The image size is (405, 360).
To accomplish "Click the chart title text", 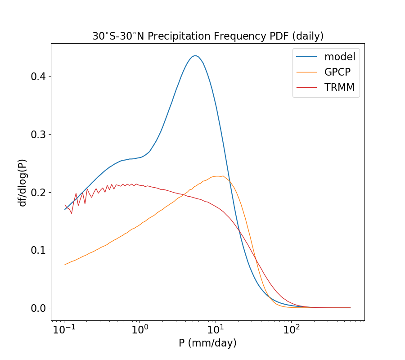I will coord(208,36).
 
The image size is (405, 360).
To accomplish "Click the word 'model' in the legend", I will coord(340,57).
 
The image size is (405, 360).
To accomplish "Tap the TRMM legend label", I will coord(339,88).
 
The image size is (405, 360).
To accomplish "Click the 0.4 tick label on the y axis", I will coord(38,76).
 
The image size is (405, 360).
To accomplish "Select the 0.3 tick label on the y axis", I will coord(38,135).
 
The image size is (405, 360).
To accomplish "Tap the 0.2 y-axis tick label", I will coord(38,192).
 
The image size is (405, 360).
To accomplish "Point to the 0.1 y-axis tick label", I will coord(38,250).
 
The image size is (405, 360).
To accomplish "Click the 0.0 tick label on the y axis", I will coord(38,308).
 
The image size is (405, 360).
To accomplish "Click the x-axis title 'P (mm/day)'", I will coord(207,343).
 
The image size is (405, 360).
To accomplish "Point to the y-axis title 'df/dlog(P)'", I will coord(22,179).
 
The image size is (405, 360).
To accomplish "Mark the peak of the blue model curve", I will coord(195,56).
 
